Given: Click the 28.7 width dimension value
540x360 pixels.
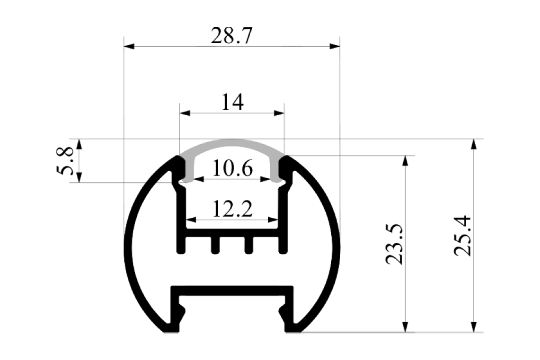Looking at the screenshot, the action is [232, 36].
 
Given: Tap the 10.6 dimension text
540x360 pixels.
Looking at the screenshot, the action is [232, 168].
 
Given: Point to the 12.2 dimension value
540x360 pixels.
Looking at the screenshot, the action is [232, 209].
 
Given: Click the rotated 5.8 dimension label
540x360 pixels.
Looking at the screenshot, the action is [65, 161].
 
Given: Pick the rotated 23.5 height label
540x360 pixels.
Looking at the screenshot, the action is [394, 245].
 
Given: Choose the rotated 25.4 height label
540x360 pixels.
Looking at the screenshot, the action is [462, 236].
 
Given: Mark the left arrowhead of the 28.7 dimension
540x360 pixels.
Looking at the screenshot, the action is [129, 46].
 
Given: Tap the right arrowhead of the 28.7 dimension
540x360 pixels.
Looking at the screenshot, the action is [335, 46].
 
